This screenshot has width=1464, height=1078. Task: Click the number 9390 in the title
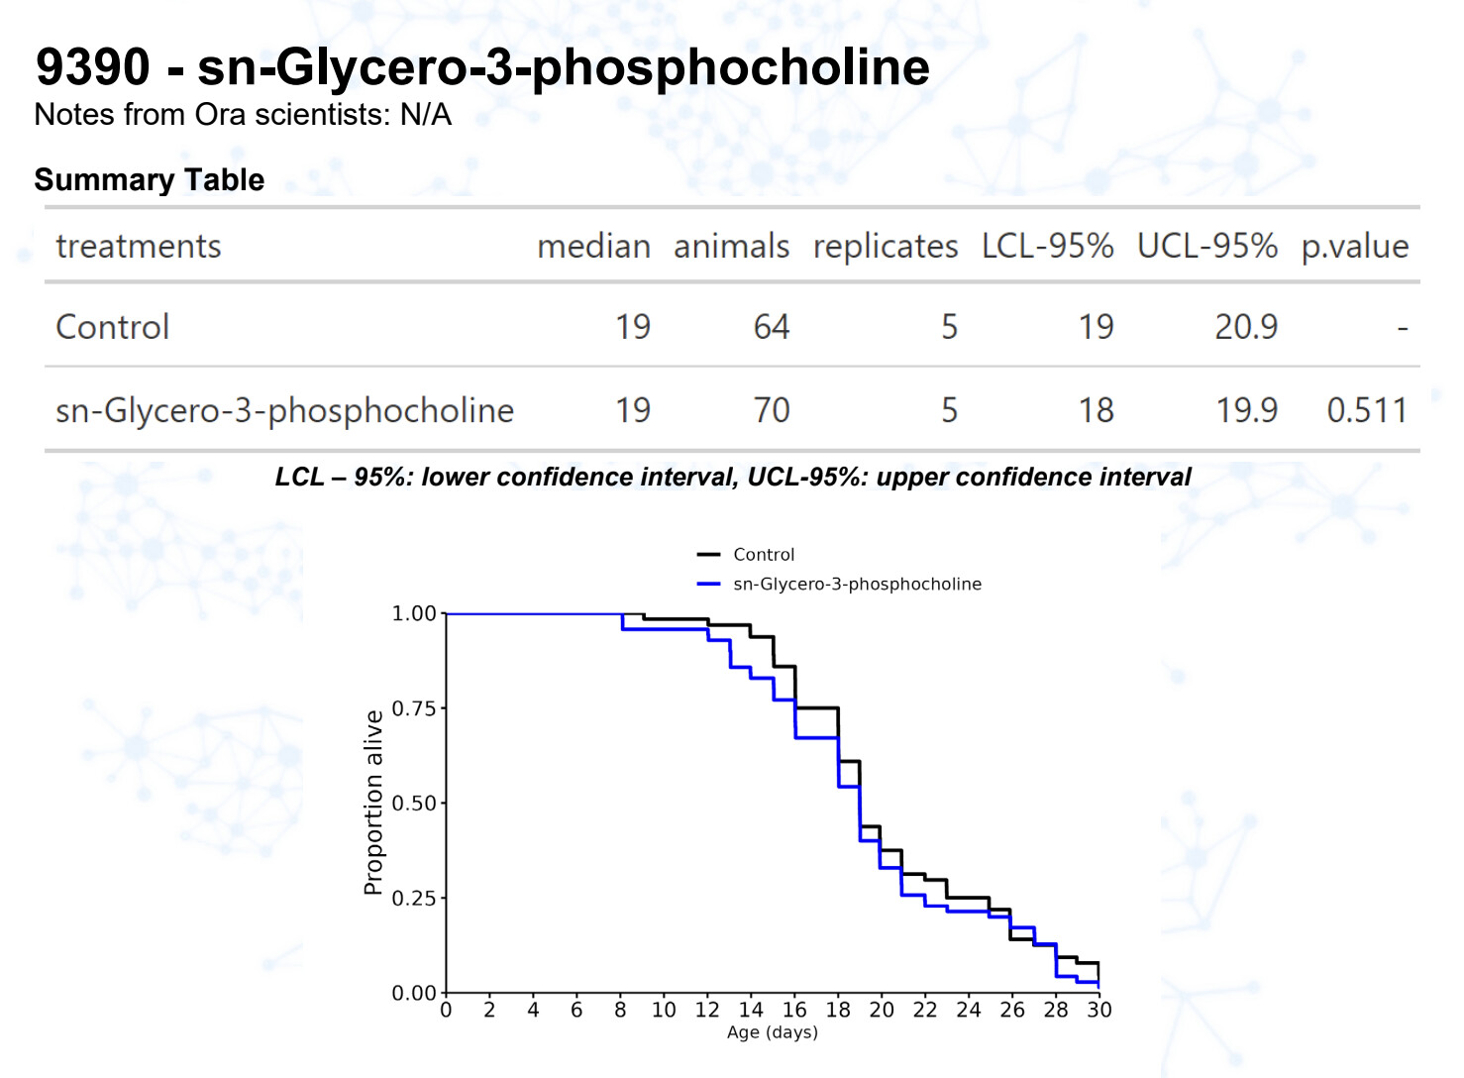92,67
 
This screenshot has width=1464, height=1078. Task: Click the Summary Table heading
149,179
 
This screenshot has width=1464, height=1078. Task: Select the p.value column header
1354,246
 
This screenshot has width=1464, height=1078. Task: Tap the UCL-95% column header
1206,246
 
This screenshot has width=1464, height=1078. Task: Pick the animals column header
731,246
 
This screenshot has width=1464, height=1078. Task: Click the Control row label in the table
112,327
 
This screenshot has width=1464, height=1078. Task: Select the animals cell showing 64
771,327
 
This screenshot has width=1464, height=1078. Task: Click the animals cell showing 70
771,410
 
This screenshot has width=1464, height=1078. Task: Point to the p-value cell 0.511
1367,410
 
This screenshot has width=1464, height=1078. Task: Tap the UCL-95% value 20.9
1246,327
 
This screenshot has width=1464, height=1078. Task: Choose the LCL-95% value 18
1096,410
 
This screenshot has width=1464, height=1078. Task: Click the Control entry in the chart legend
763,555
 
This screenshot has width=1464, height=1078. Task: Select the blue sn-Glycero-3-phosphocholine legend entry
857,585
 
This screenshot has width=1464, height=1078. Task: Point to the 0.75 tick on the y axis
414,708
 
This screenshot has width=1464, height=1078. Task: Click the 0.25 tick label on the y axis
414,898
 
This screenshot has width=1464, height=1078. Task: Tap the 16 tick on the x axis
794,1010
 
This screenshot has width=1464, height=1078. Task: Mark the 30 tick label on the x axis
1099,1010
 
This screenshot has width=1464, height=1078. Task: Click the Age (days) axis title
773,1032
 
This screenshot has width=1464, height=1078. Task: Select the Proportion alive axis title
373,803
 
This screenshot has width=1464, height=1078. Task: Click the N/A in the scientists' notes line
426,115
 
